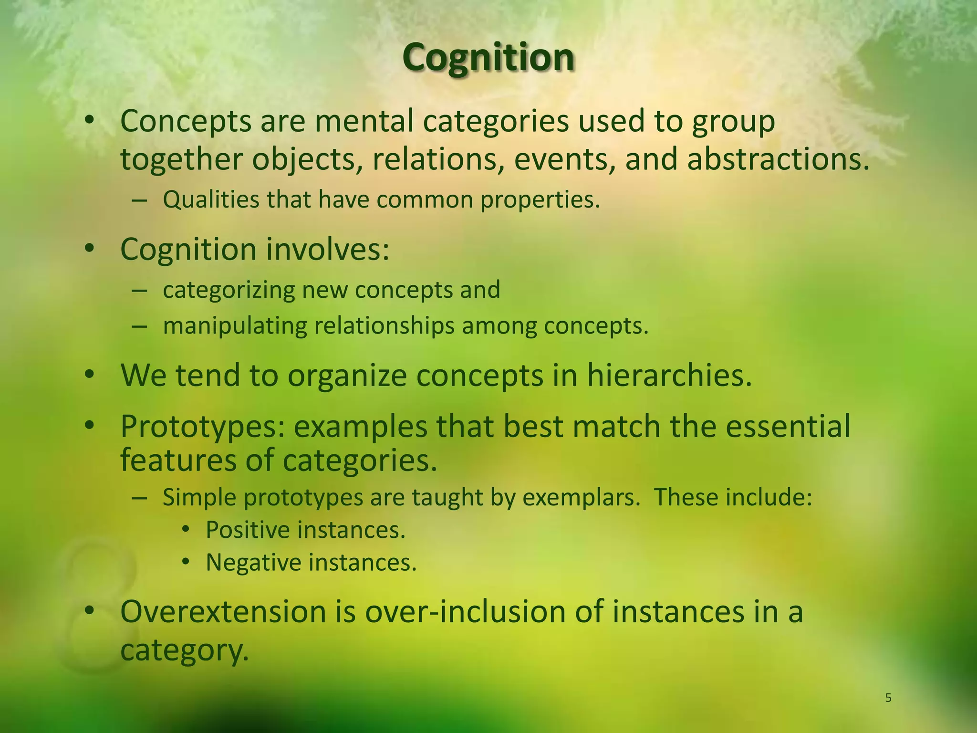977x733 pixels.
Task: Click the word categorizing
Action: tap(229, 290)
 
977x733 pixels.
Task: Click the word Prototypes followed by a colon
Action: tap(203, 427)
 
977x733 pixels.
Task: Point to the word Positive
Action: tap(248, 530)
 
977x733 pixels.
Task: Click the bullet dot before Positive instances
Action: tap(186, 530)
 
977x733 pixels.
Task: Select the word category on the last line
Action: tap(184, 650)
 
